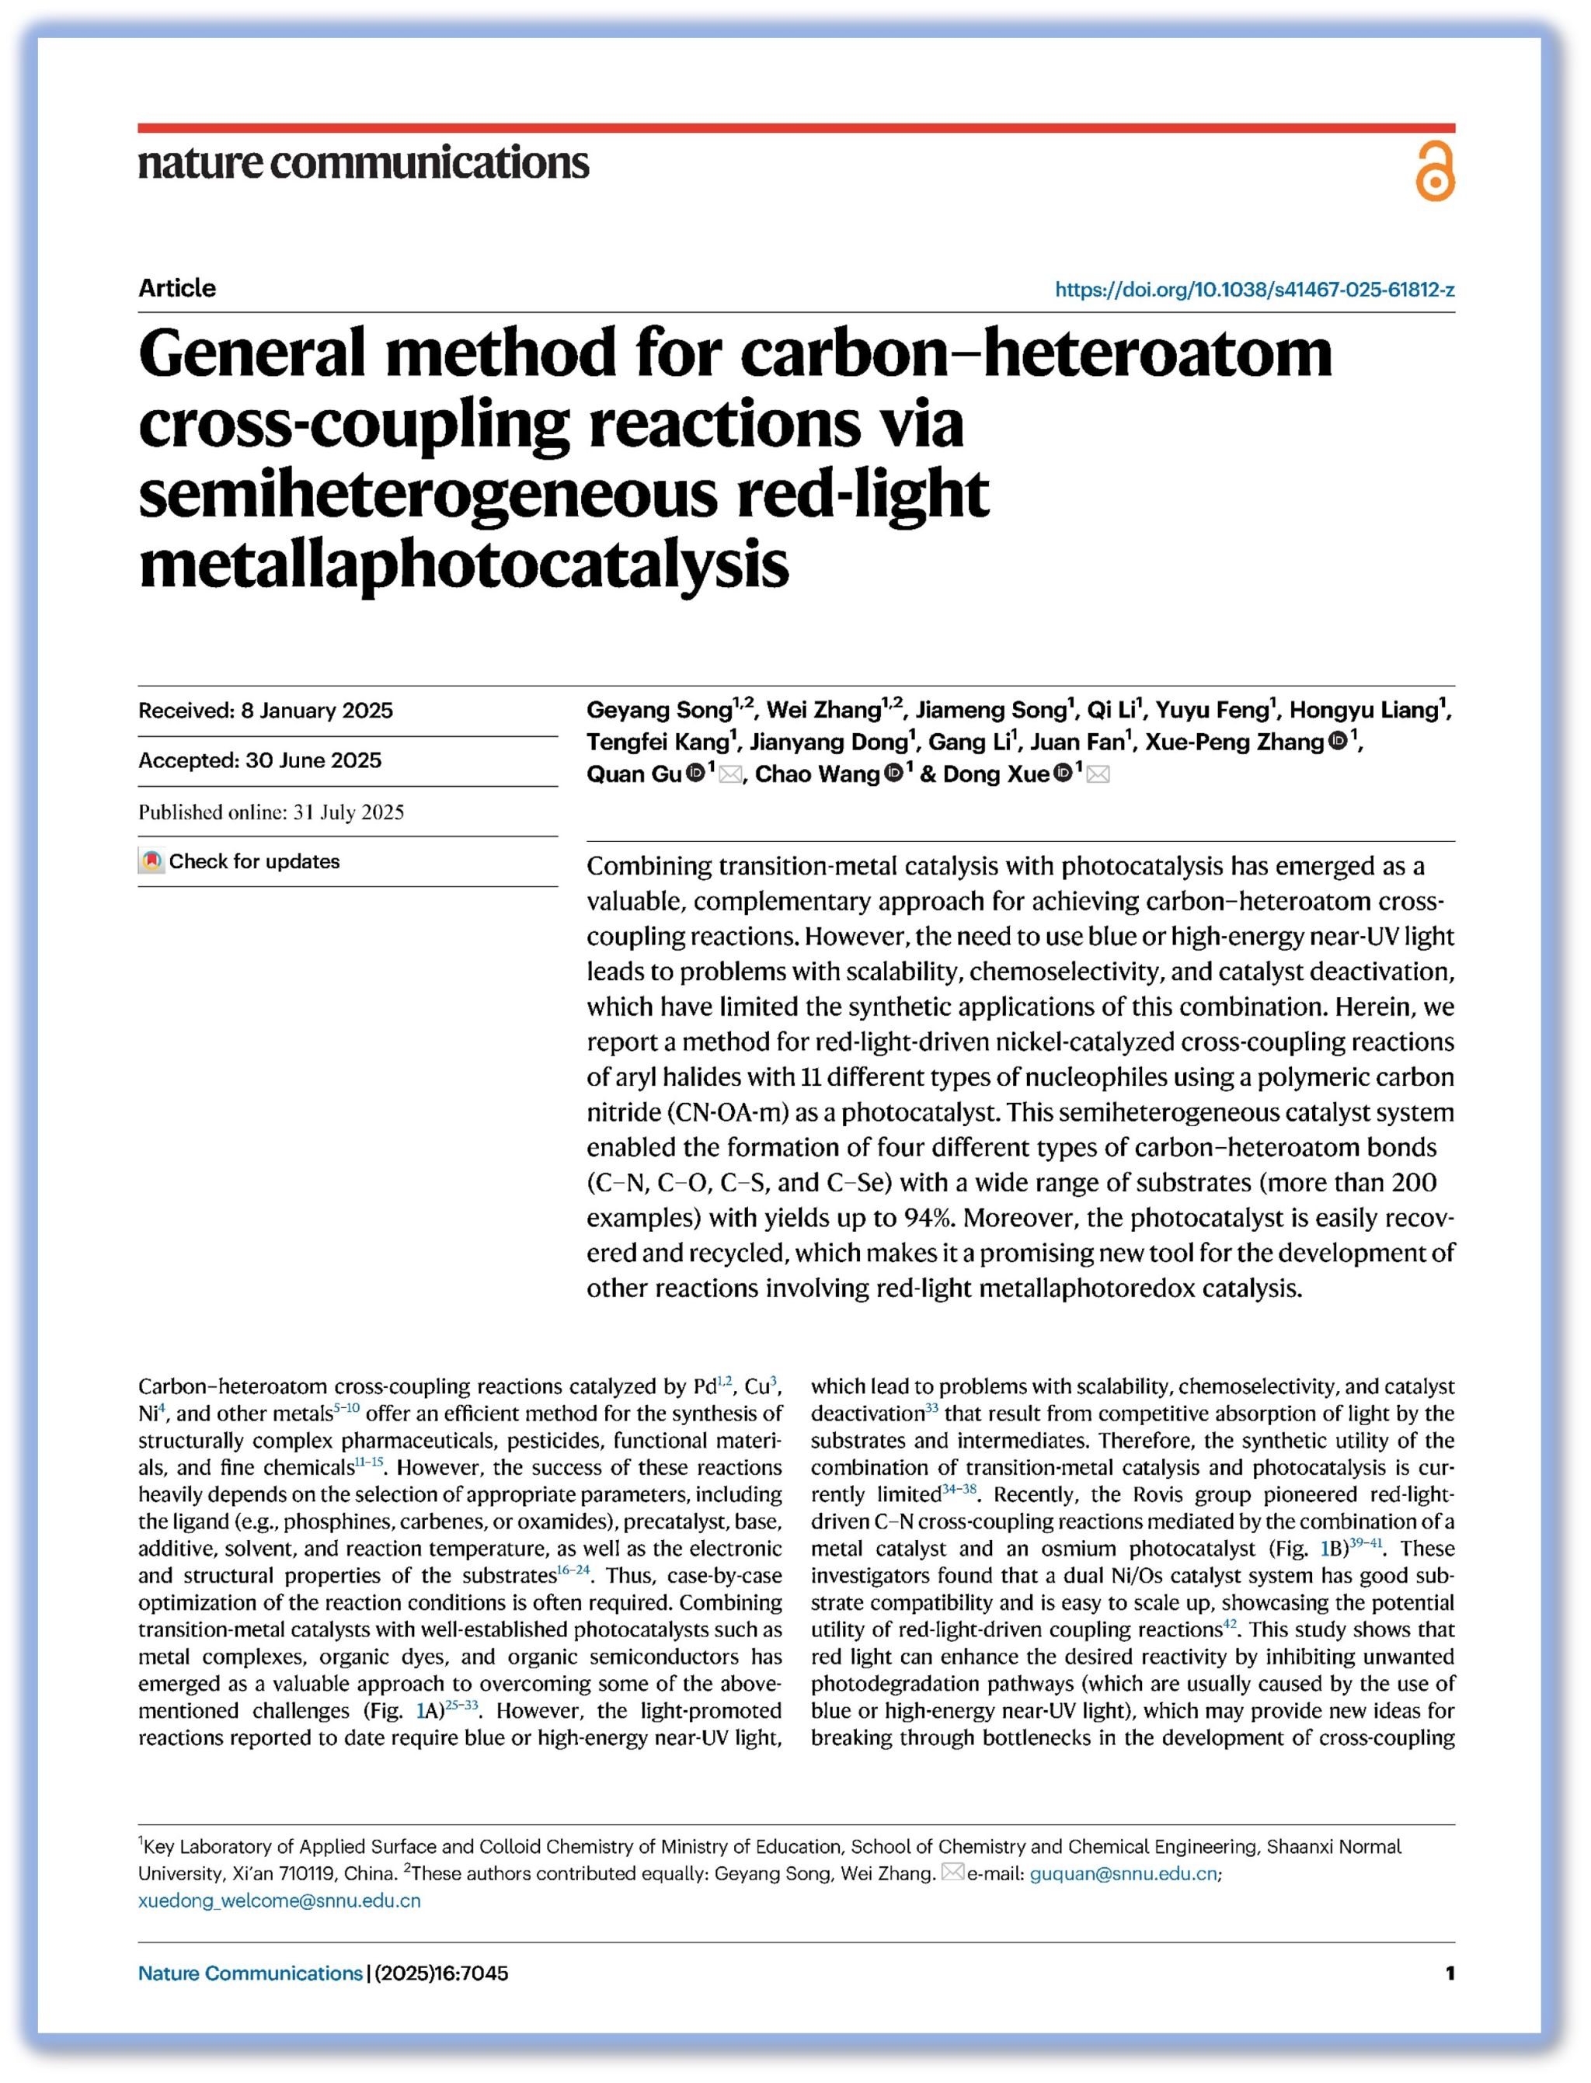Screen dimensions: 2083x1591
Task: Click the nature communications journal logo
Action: (364, 163)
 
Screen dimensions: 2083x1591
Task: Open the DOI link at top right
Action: (1255, 290)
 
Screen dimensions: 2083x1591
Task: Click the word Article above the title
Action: (177, 289)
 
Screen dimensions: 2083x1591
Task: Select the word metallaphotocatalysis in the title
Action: (464, 565)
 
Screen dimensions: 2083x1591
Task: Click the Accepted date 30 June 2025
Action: (259, 760)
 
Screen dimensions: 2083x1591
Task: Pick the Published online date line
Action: (271, 812)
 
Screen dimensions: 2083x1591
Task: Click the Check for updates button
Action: (241, 861)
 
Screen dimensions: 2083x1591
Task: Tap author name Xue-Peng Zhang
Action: (1234, 742)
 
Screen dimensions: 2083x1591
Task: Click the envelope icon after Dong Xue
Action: (1098, 774)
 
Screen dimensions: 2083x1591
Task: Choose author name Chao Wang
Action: (817, 774)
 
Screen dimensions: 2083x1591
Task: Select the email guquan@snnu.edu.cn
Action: (1123, 1874)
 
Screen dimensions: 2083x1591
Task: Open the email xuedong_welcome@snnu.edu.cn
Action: (280, 1901)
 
